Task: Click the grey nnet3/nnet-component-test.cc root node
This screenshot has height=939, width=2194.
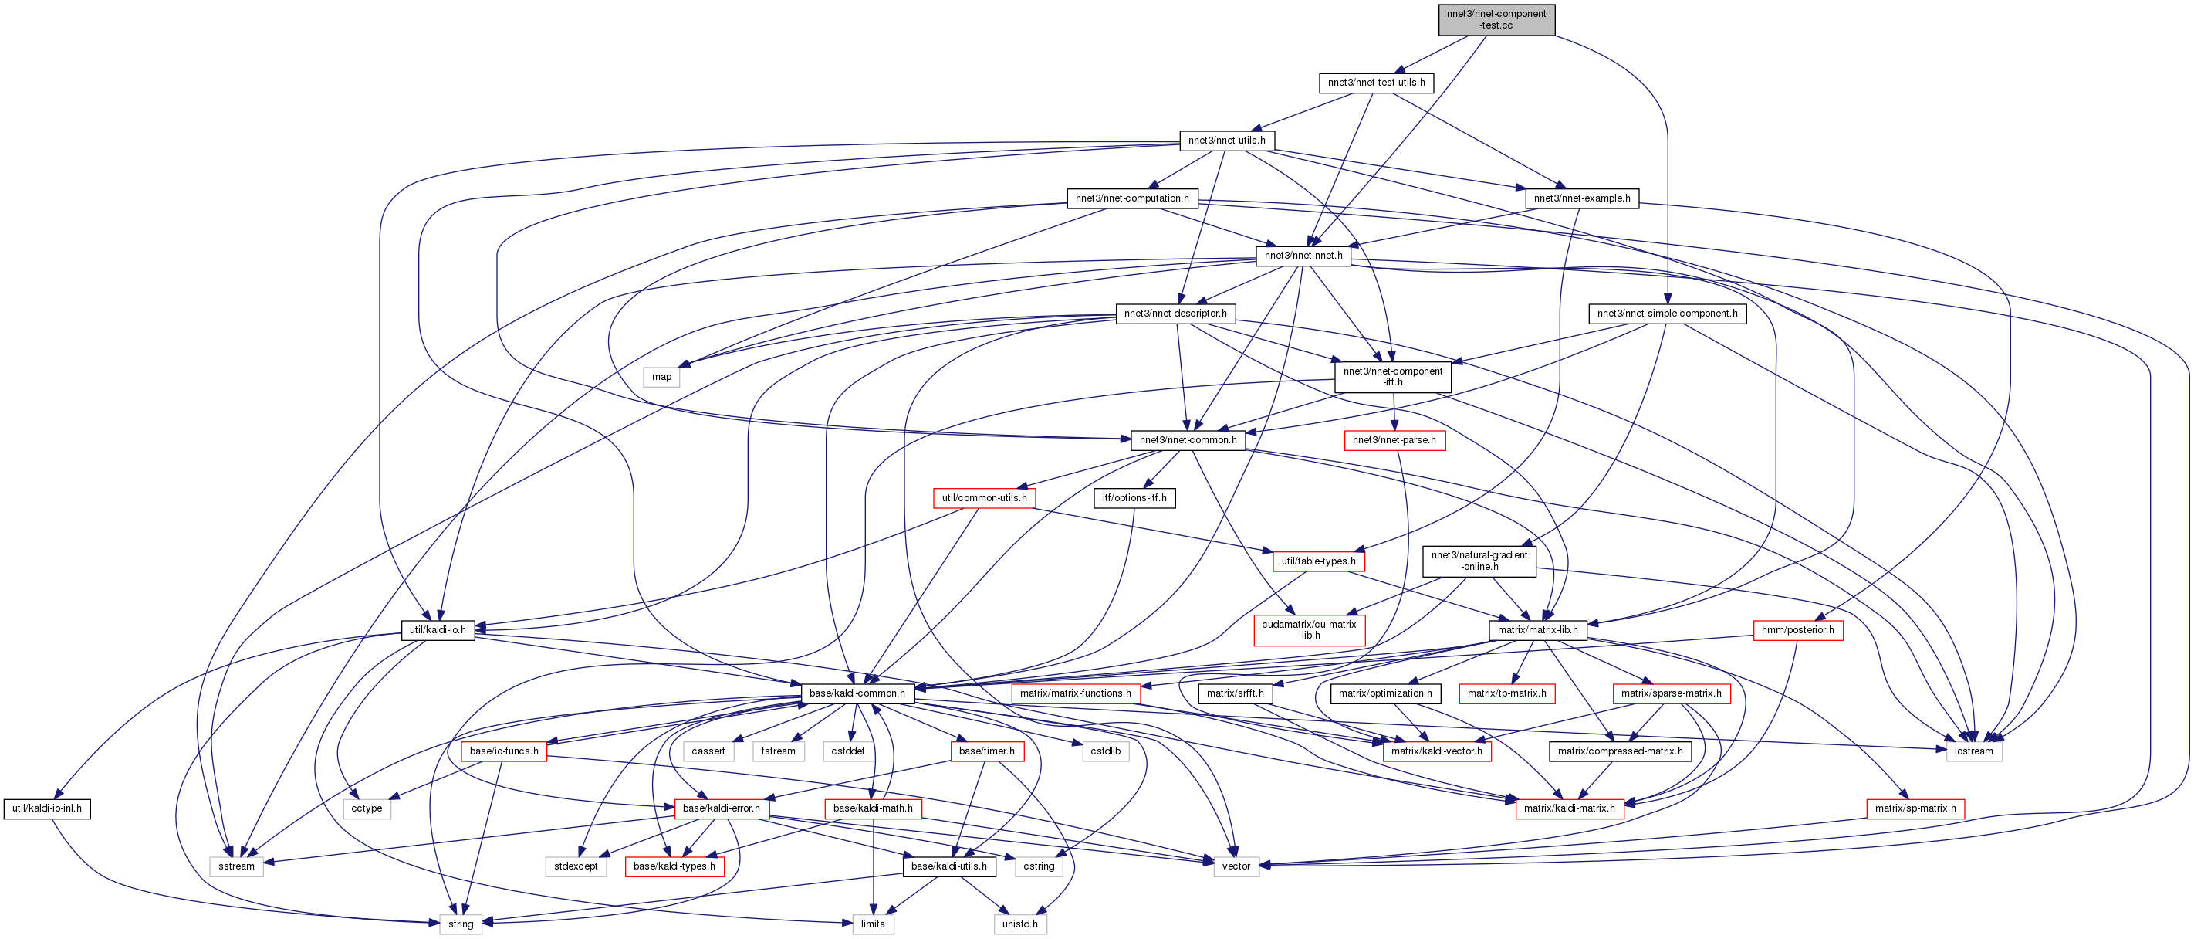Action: (x=1496, y=19)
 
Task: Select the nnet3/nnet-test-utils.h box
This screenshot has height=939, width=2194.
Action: (x=1375, y=83)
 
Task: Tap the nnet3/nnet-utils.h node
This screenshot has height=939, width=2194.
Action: (x=1226, y=141)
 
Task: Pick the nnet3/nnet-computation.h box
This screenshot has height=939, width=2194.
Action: (x=1132, y=198)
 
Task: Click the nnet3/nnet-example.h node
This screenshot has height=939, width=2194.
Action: (x=1581, y=198)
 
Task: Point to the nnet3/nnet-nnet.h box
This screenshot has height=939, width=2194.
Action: (x=1303, y=256)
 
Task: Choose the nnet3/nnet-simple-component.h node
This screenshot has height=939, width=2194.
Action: (x=1667, y=314)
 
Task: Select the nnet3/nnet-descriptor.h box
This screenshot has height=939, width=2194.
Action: (x=1175, y=314)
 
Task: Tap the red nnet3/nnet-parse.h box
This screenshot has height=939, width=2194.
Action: (x=1394, y=440)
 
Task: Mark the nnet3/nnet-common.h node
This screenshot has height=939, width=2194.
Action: (x=1188, y=440)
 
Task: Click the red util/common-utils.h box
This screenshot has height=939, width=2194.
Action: (x=984, y=497)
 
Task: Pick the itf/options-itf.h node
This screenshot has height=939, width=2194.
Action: (x=1134, y=497)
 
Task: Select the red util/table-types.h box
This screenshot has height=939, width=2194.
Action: (x=1318, y=561)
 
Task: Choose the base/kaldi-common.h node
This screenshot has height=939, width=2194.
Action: (x=857, y=693)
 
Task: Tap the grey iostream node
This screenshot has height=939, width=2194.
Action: (x=1973, y=751)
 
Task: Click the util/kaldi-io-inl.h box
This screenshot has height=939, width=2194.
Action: (x=47, y=808)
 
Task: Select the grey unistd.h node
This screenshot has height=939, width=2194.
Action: (x=1019, y=924)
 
